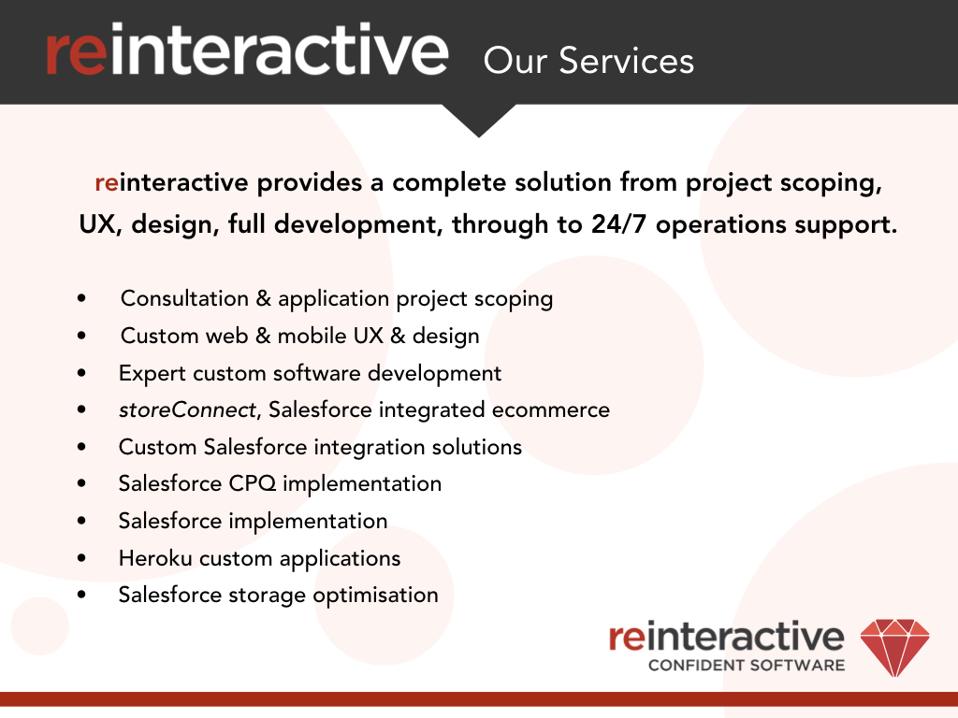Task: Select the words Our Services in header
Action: coord(588,61)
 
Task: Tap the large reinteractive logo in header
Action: coord(246,51)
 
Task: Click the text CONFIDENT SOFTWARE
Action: coord(746,666)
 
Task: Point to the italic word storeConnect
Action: coord(186,409)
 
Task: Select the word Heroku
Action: coord(152,558)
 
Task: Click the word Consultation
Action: coord(184,299)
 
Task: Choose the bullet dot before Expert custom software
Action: coord(82,373)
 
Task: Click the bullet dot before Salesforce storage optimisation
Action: coord(82,595)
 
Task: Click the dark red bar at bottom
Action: coord(479,698)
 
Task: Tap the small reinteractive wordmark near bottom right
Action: coord(726,637)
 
